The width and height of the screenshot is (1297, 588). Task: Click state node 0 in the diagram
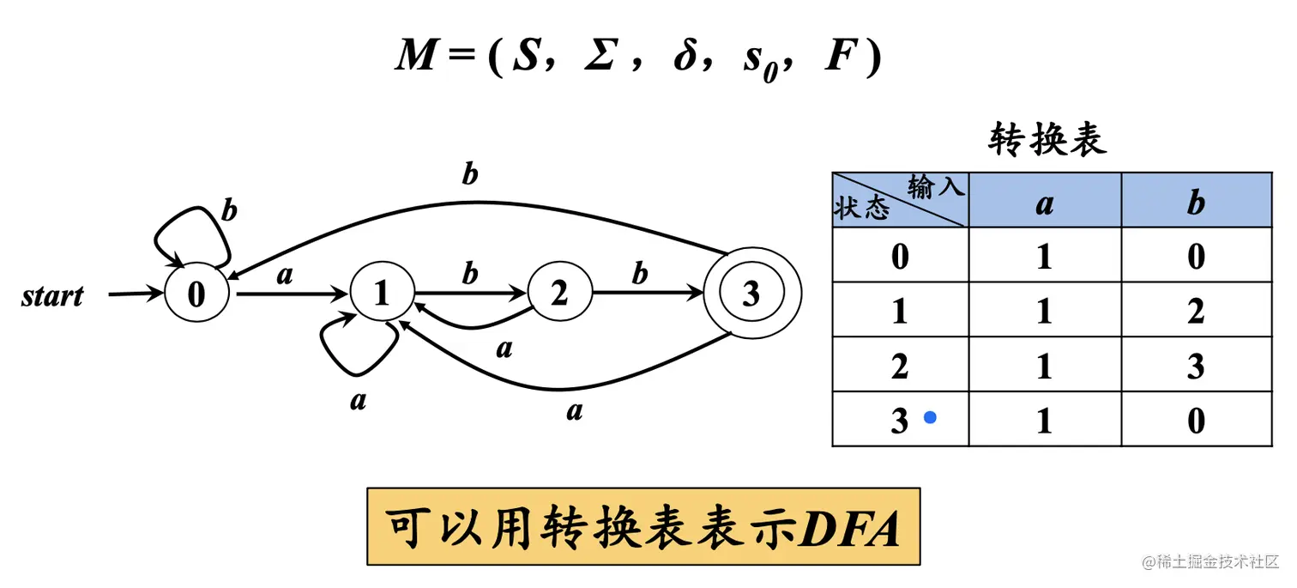point(196,295)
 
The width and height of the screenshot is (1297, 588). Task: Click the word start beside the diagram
point(53,297)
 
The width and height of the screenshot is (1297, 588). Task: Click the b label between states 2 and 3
point(640,275)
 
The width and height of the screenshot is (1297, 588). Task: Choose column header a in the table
point(1044,203)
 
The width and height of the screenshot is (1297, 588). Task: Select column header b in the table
point(1196,203)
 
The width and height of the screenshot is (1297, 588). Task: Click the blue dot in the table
point(929,418)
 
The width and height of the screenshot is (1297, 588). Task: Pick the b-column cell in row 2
point(1196,367)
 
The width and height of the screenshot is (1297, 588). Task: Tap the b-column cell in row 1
point(1196,311)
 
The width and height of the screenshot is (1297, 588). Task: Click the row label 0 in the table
point(900,256)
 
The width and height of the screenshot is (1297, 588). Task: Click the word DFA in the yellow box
point(848,528)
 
